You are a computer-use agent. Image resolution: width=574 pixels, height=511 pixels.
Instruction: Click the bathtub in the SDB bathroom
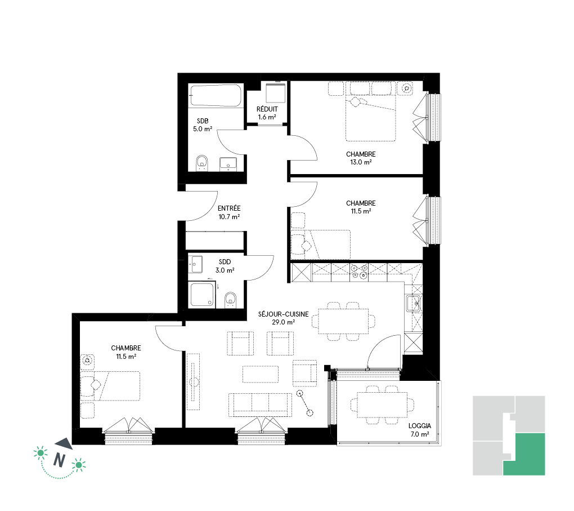click(x=216, y=96)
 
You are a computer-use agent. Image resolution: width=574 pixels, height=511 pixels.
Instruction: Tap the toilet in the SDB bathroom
click(x=201, y=163)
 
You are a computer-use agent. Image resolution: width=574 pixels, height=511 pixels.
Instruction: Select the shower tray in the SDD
click(x=202, y=294)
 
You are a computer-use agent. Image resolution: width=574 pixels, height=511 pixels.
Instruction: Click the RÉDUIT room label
click(x=267, y=109)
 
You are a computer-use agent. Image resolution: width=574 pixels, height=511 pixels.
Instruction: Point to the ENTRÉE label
click(x=229, y=208)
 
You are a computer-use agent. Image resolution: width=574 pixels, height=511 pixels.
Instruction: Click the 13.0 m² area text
click(x=361, y=162)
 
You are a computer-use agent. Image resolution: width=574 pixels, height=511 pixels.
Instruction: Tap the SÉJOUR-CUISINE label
click(x=283, y=314)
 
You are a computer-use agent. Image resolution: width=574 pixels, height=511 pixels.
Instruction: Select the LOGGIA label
click(x=420, y=425)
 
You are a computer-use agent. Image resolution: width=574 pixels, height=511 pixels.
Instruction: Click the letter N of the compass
click(x=59, y=460)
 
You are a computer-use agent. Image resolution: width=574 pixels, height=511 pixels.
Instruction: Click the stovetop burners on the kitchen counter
click(x=359, y=272)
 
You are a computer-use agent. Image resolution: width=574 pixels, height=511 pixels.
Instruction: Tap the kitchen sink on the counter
click(x=413, y=303)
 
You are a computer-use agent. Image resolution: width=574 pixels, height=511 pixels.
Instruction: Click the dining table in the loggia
click(x=382, y=405)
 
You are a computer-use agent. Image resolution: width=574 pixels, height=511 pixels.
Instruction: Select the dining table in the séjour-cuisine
click(x=343, y=321)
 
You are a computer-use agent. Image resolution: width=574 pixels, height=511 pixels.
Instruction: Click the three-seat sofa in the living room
click(x=261, y=405)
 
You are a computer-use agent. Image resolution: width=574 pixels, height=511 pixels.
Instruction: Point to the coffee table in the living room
click(x=261, y=374)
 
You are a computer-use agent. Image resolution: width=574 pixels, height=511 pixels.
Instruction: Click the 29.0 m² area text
click(x=283, y=323)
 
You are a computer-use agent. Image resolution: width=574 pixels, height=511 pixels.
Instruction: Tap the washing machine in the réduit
click(x=275, y=93)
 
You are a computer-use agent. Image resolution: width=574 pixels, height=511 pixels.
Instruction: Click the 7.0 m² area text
click(x=420, y=434)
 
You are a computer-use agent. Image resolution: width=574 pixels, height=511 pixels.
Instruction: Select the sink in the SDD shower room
click(x=195, y=264)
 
